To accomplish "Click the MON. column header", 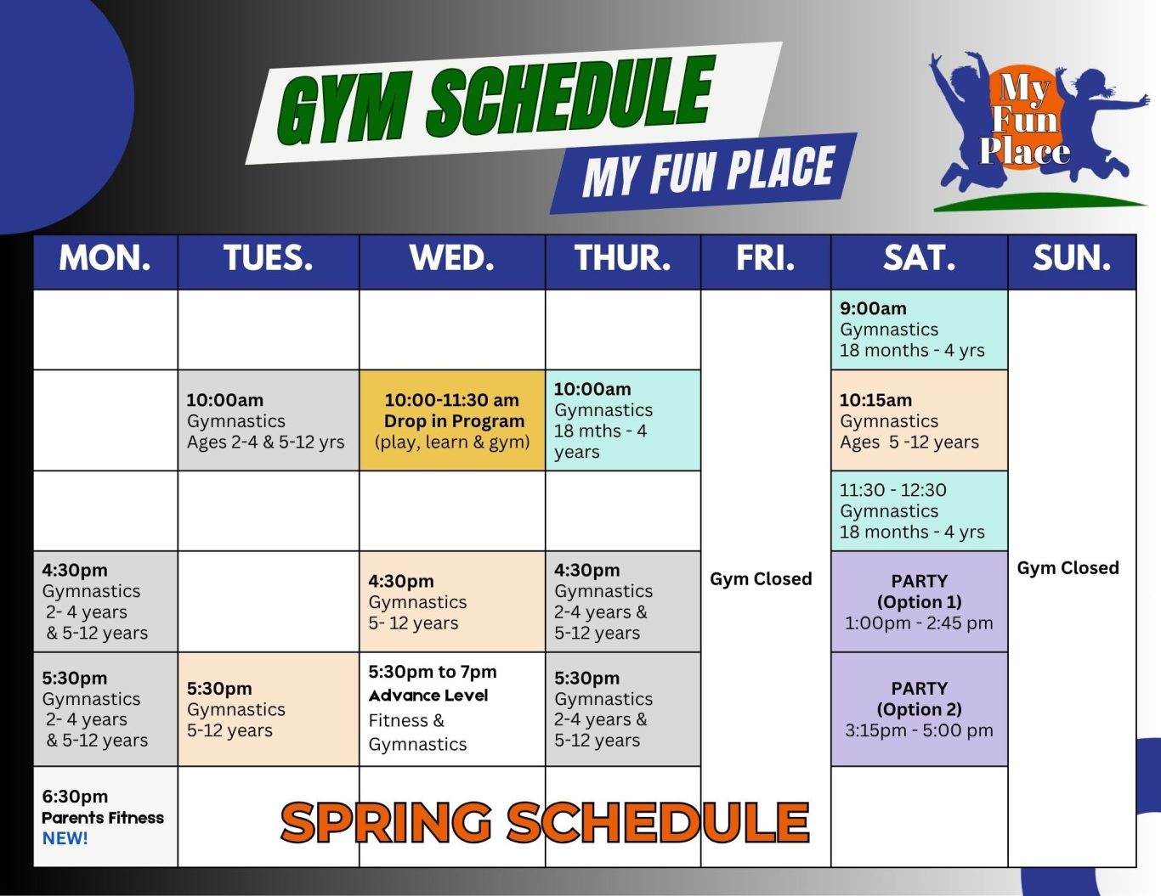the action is pyautogui.click(x=105, y=262).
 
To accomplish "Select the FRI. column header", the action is pyautogui.click(x=766, y=262).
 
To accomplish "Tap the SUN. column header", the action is pyautogui.click(x=1072, y=262).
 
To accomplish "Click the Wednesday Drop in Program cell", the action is pyautogui.click(x=452, y=420).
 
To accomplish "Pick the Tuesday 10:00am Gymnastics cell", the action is pyautogui.click(x=269, y=420).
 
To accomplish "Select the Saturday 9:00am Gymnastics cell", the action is pyautogui.click(x=919, y=330).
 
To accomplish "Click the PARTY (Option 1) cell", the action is pyautogui.click(x=919, y=601).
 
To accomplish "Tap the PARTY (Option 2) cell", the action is pyautogui.click(x=919, y=709).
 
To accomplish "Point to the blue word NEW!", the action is pyautogui.click(x=65, y=838).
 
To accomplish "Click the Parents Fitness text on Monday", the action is pyautogui.click(x=103, y=818).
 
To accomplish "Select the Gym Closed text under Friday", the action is pyautogui.click(x=761, y=578).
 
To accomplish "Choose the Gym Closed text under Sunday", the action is pyautogui.click(x=1068, y=568).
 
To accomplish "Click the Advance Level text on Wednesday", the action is pyautogui.click(x=428, y=696).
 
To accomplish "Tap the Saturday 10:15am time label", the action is pyautogui.click(x=875, y=400).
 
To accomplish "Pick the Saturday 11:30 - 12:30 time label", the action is pyautogui.click(x=892, y=490).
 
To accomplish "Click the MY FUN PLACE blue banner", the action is pyautogui.click(x=704, y=173).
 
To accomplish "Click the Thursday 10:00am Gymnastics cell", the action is pyautogui.click(x=623, y=420).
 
